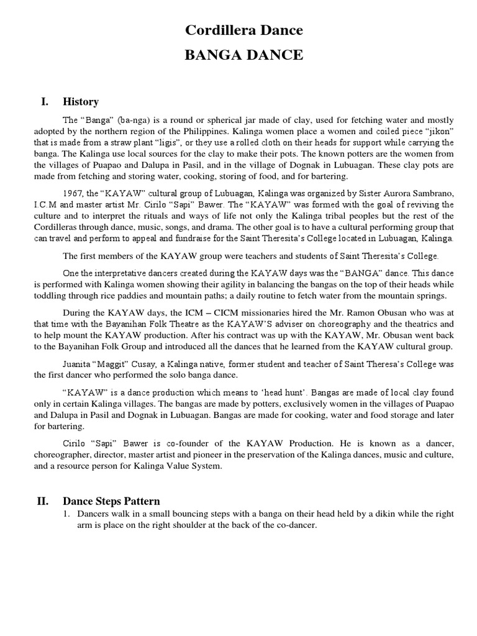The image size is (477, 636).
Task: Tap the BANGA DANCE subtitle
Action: click(x=245, y=55)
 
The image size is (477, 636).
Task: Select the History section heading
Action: click(x=81, y=102)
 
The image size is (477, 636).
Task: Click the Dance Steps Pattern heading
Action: click(x=111, y=501)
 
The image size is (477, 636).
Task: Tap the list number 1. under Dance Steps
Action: click(x=68, y=514)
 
